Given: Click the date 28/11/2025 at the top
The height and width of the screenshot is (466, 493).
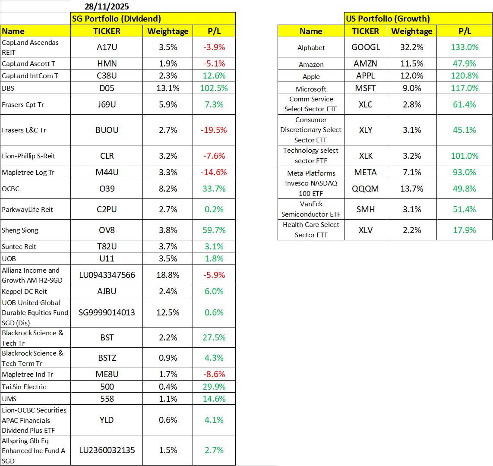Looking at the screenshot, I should pos(107,6).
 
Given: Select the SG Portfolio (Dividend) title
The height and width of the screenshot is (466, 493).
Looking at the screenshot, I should pos(116,19).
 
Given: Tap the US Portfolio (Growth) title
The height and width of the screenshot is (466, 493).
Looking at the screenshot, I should pos(388,19).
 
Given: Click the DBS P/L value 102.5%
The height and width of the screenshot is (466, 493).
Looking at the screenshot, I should pos(214,88).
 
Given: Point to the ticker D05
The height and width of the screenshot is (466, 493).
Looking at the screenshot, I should pos(107,88).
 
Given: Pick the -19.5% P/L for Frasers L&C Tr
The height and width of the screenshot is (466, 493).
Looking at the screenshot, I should pos(214,130).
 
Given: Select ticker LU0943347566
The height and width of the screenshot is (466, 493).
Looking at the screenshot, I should pos(107,275).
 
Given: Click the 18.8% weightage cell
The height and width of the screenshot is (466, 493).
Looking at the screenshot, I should pos(168,275).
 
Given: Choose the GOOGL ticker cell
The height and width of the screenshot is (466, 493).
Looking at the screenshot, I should pos(366,47).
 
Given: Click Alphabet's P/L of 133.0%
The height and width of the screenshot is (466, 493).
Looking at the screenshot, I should pos(465,47).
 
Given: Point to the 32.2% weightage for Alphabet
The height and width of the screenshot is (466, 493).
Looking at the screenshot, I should pos(412,47).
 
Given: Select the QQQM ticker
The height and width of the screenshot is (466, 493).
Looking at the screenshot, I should pos(366,189).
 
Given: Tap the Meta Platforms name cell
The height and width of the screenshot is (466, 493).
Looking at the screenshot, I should pos(311,173).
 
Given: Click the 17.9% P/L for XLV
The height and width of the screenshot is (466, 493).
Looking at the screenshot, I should pos(465,230).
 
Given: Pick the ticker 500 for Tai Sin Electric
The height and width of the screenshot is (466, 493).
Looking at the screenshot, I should pos(107,387).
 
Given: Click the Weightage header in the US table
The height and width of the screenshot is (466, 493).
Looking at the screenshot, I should pos(412,31).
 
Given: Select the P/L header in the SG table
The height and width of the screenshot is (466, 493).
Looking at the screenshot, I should pos(214,31).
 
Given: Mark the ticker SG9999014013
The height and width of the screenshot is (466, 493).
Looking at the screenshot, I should pos(107,312).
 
